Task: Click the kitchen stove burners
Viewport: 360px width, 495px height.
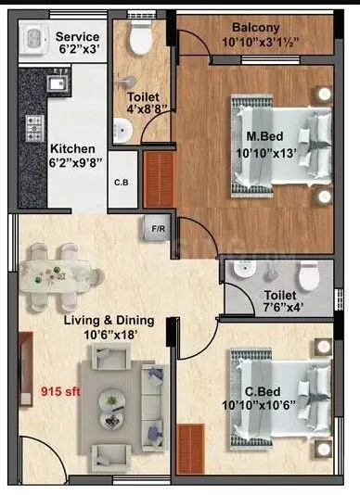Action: point(33,124)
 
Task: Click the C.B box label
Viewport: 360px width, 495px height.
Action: point(122,182)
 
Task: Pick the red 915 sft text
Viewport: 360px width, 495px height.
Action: point(59,391)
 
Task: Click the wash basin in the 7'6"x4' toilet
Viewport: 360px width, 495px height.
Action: point(243,270)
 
